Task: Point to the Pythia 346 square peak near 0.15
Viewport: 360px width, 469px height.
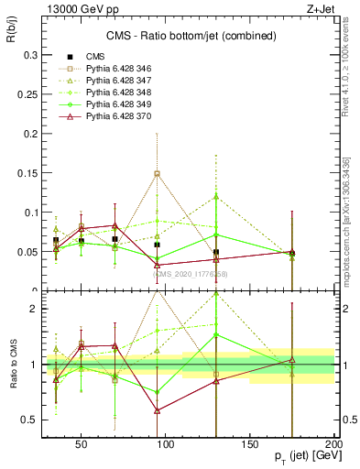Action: coord(157,173)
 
